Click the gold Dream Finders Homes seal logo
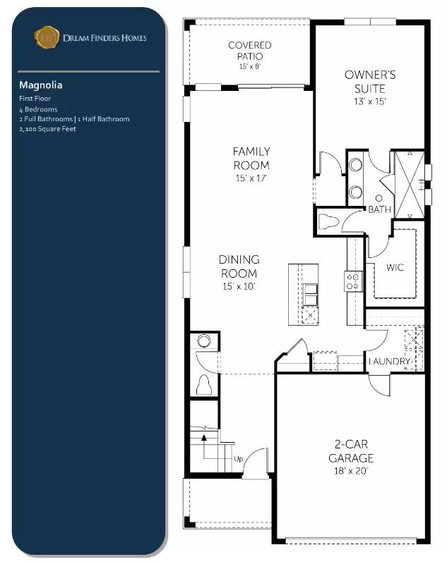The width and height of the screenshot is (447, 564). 47,37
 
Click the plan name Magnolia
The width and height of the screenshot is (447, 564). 41,85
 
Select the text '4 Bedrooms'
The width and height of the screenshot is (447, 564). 39,109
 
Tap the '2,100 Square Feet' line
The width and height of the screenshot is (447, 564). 47,129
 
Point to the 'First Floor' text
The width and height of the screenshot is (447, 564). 35,99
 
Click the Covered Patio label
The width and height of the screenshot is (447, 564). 249,50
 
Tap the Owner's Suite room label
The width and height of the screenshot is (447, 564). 369,82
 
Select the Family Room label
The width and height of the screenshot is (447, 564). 251,159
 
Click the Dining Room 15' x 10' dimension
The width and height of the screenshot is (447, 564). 239,286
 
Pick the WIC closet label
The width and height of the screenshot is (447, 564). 394,269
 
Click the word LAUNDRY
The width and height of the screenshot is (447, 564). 390,362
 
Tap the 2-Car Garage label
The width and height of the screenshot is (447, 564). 350,451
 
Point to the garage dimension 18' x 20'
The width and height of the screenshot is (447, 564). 350,470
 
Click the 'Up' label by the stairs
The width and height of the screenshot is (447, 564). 239,460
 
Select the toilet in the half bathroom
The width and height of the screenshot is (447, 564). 205,386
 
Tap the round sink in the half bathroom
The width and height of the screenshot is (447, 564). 204,342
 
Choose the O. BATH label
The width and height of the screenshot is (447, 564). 381,204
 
